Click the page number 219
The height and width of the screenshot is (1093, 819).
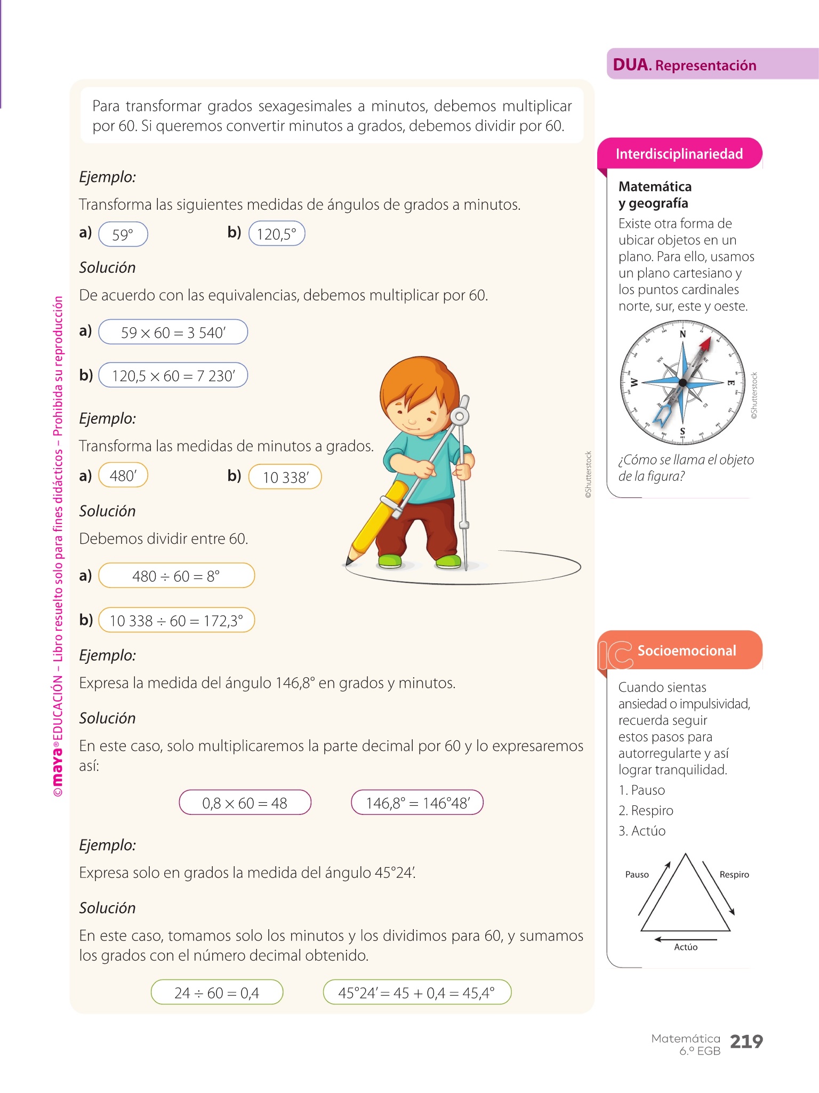[x=746, y=1041]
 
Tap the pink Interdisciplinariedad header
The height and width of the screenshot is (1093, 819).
[x=679, y=154]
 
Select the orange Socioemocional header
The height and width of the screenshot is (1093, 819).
[x=686, y=651]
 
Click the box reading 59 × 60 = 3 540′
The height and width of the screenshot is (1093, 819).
[x=173, y=332]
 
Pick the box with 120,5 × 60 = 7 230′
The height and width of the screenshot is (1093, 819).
[x=173, y=376]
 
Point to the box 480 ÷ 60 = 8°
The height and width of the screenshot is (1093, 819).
[x=176, y=576]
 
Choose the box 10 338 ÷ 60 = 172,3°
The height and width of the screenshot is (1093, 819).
[x=176, y=620]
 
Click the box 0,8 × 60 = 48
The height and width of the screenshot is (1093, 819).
[x=245, y=803]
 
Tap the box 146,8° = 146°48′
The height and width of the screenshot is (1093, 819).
[x=417, y=803]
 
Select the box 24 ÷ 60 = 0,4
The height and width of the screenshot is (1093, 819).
[x=217, y=992]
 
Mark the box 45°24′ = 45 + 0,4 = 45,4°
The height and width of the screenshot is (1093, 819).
[x=417, y=992]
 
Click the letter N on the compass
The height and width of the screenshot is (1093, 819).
[x=682, y=334]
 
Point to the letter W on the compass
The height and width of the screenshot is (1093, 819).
[x=634, y=383]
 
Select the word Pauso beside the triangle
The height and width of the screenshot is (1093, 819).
[x=637, y=874]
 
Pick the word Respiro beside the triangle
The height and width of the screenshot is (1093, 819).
[x=734, y=874]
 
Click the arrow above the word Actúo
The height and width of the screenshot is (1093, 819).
[x=685, y=939]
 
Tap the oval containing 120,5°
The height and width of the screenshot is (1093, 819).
[x=277, y=234]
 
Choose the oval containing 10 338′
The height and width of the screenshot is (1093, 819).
[x=285, y=477]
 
